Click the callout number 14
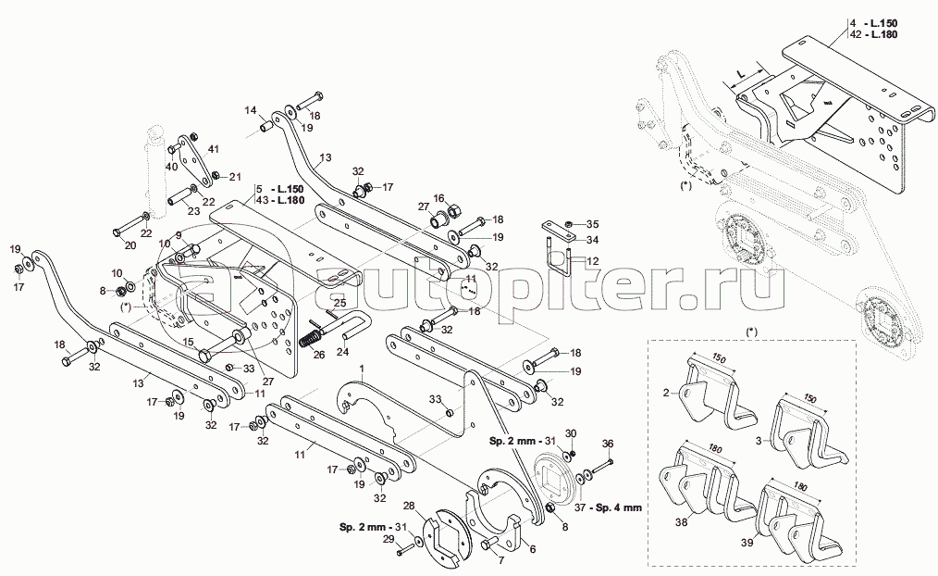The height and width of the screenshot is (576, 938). point(250,110)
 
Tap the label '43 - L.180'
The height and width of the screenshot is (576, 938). point(280,201)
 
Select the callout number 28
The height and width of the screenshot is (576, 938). point(408,507)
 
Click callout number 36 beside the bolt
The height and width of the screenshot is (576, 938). point(607,444)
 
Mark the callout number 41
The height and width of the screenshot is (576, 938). point(212,149)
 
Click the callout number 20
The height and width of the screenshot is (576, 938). point(130,245)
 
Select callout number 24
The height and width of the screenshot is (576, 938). point(341,351)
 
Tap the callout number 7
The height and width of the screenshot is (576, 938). point(500,559)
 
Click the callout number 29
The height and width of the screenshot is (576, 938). point(389,538)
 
